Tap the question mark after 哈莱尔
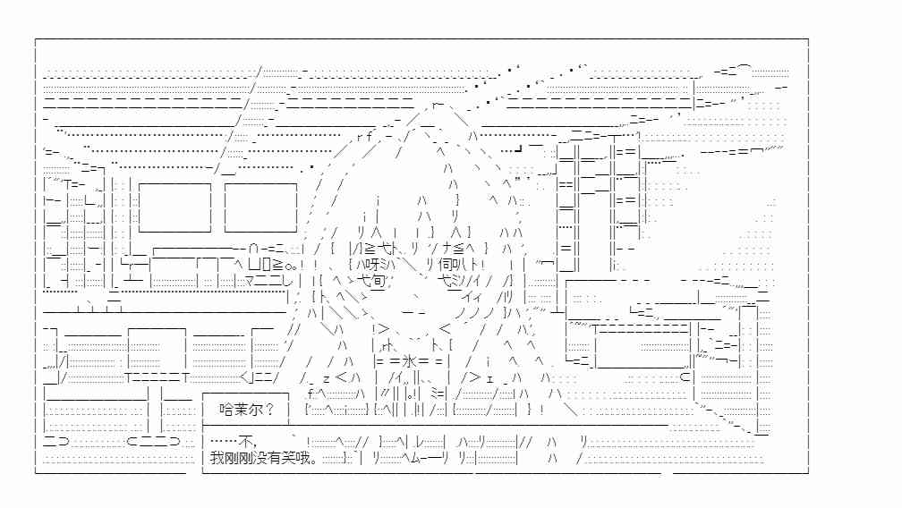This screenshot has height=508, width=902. pos(269,410)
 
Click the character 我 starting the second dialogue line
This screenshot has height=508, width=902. pos(217,458)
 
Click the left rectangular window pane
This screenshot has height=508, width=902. pos(174,207)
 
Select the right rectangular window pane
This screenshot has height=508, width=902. pos(260,207)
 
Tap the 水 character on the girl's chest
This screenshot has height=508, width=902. pos(408,361)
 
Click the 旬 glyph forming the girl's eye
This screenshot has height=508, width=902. pos(378,281)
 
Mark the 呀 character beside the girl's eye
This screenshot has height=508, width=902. pos(374,265)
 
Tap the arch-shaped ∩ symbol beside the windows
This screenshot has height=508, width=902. pos(253,249)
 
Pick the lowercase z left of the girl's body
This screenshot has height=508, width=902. pos(326,378)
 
